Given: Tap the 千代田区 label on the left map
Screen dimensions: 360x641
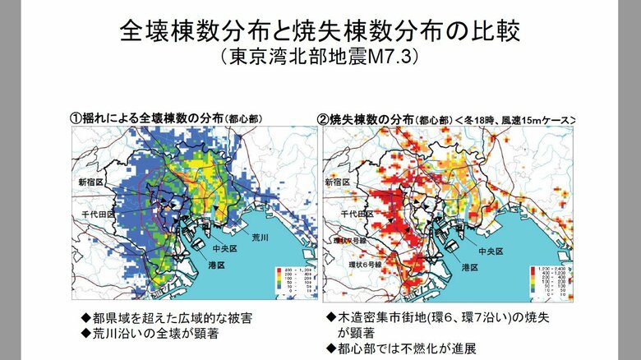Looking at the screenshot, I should coord(95,213).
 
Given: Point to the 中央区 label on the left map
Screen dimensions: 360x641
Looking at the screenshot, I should coord(224,248).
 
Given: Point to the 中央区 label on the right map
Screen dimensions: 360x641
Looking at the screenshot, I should coord(476,248).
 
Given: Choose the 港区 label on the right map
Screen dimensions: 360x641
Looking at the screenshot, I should coord(469,266).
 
